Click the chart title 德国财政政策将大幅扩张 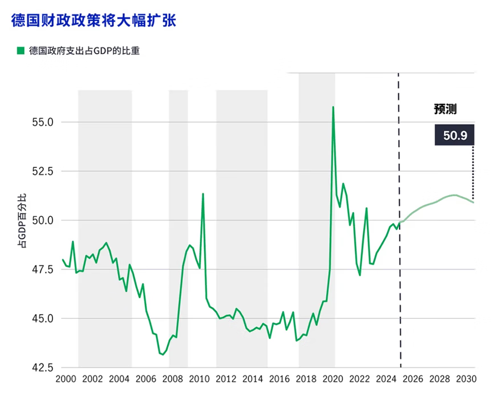click(x=93, y=21)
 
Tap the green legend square click(x=21, y=51)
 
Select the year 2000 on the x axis click(x=66, y=379)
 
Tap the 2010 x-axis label click(x=199, y=379)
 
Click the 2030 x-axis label click(x=466, y=379)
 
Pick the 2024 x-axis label click(x=386, y=379)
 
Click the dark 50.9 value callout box click(x=455, y=136)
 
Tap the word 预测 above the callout click(x=445, y=109)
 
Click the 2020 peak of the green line click(x=333, y=107)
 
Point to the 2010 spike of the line click(x=203, y=194)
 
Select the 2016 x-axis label click(x=279, y=379)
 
